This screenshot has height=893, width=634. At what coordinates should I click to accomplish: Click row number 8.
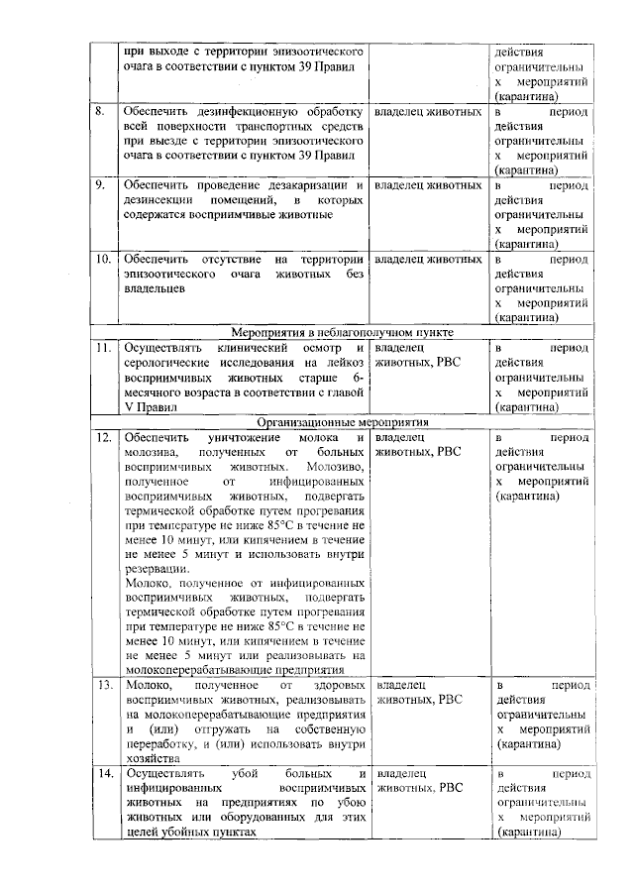100,113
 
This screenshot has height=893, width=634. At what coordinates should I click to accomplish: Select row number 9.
100,185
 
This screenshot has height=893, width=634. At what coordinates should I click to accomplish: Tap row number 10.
102,259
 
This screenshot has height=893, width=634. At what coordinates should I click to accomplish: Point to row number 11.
102,349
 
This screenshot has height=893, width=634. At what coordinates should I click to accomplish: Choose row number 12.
102,437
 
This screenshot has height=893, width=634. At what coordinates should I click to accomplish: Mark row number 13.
102,685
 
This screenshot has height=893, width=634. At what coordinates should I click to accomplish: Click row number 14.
102,773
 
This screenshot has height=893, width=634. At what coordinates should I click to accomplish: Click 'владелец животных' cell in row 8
427,113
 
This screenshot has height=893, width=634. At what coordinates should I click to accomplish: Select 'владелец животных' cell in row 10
427,259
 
